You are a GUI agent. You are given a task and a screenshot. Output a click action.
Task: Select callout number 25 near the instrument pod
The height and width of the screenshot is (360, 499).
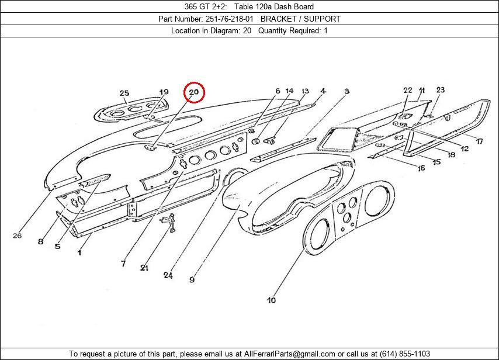click(124, 93)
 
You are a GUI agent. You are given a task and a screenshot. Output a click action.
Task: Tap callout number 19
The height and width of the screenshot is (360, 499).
click(164, 92)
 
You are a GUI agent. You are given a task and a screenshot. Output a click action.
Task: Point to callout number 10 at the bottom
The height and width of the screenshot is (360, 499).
click(272, 300)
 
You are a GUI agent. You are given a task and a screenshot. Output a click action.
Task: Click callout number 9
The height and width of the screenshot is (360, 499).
click(192, 279)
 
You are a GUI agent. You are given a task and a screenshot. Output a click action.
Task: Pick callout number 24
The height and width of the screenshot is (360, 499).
click(168, 275)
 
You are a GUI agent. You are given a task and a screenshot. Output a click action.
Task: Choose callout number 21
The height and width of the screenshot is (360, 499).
click(144, 268)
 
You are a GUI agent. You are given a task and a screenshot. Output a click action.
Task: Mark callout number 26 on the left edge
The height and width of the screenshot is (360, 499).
click(16, 236)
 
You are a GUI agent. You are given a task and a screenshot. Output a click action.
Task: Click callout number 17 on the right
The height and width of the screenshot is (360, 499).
click(479, 141)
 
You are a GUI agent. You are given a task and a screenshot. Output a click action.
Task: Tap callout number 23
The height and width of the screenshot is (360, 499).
click(440, 90)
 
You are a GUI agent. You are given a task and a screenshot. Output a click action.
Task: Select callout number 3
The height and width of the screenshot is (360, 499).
click(346, 91)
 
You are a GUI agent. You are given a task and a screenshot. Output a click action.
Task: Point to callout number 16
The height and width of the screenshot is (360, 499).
click(421, 168)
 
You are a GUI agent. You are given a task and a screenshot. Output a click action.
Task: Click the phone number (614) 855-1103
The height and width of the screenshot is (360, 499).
click(404, 354)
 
